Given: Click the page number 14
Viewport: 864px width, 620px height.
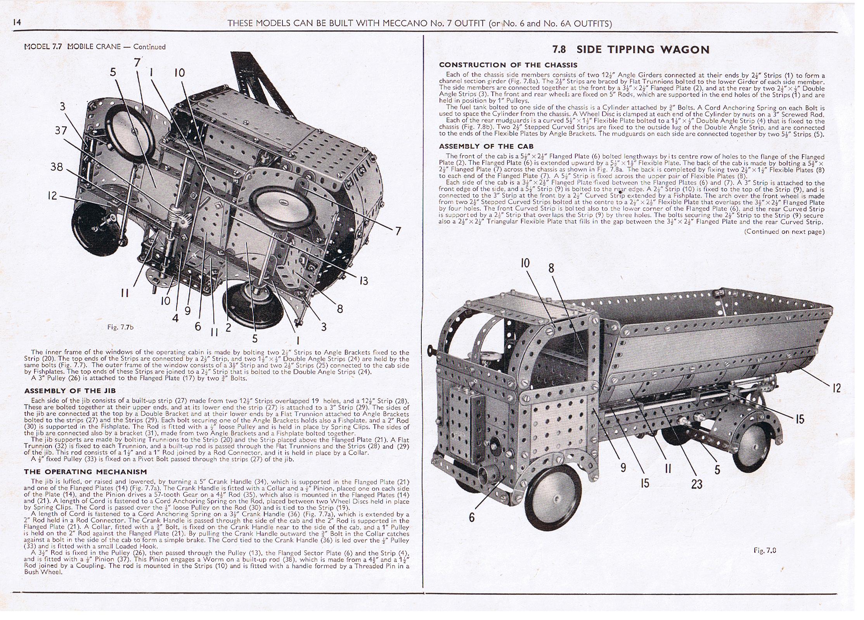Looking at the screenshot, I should point(17,22).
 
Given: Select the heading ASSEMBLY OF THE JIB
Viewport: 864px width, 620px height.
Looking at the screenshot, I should point(70,391).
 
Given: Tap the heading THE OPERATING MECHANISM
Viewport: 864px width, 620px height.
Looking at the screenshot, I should point(85,472).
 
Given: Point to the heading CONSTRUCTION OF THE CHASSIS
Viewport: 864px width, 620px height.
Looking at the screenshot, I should point(508,65).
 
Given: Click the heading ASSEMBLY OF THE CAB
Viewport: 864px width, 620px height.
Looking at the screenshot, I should point(486,146).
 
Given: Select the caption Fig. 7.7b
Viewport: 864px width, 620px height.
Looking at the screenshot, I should point(120,327).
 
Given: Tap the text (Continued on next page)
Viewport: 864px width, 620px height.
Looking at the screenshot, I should point(784,232).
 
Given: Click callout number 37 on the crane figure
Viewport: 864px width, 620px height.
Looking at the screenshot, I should point(61,130).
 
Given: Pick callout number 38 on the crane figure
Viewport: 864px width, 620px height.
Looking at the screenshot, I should point(57,167).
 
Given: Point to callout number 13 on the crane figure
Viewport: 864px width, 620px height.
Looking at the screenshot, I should point(364,280).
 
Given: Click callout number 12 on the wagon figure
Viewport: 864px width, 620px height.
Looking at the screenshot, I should point(836,388).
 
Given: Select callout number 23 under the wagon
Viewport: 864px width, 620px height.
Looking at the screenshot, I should point(697,484).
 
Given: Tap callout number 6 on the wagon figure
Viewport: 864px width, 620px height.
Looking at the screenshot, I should point(471,517).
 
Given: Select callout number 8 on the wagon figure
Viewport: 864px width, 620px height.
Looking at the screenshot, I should point(551,268).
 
